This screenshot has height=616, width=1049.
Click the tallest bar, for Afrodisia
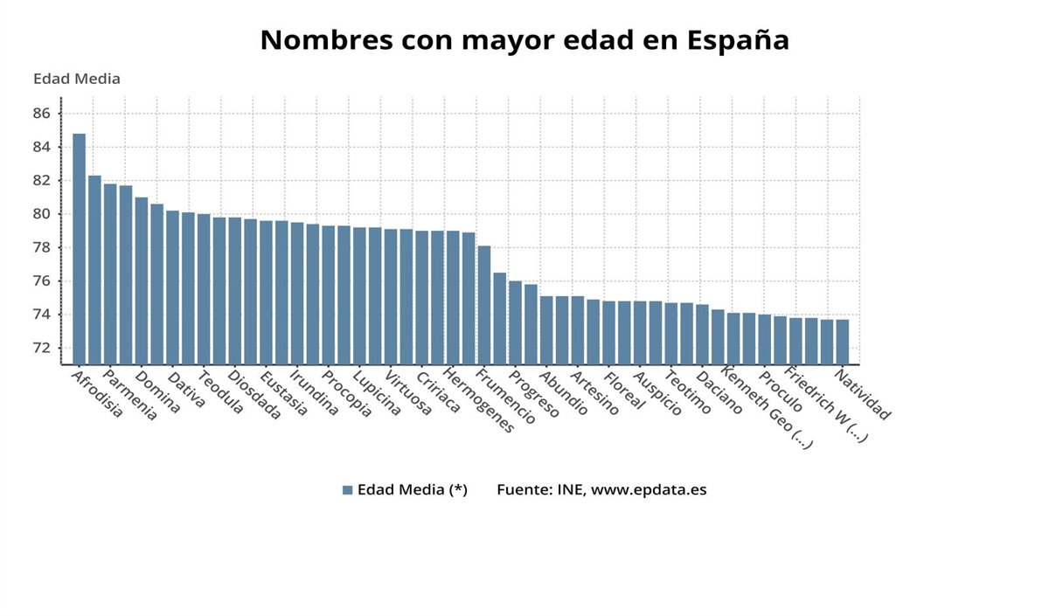point(79,249)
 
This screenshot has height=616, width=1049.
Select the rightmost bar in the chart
point(843,342)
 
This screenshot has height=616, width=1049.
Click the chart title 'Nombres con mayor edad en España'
point(524,40)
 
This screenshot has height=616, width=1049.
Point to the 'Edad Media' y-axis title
point(77,79)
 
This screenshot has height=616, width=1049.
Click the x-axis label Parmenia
point(129,395)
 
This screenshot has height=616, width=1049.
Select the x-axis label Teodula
point(220,392)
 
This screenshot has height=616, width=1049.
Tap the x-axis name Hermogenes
point(478,399)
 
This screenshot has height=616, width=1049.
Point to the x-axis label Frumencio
point(505,397)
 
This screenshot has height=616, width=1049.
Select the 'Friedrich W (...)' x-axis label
point(826,405)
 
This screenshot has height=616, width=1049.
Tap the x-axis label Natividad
point(862,395)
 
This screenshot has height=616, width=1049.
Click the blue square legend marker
point(347,490)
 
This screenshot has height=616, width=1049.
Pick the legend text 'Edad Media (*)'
point(412,490)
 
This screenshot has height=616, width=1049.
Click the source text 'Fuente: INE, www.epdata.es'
point(601,490)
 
